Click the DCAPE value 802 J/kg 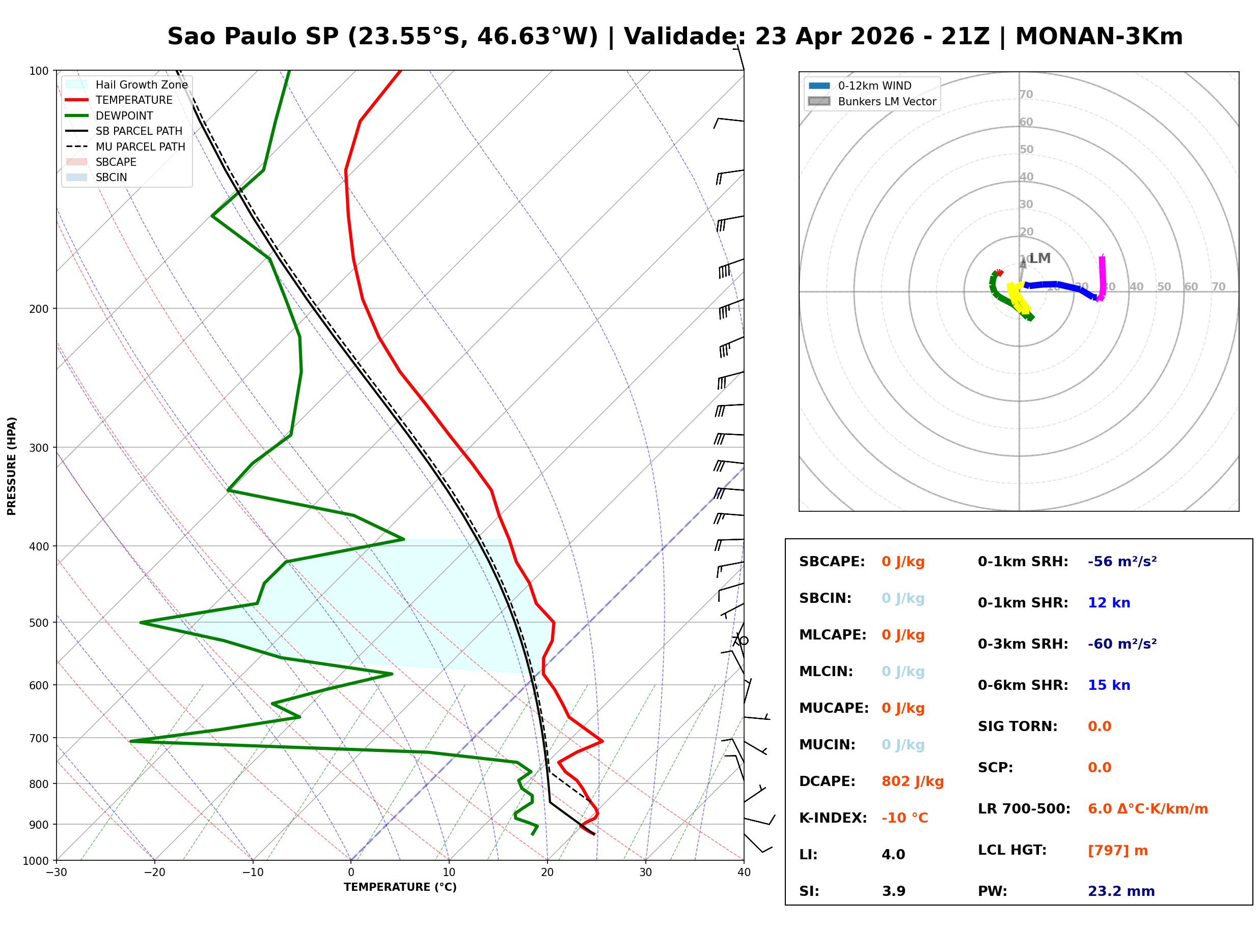(x=912, y=781)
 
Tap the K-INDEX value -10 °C (x=904, y=818)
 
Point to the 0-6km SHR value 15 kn (x=1109, y=685)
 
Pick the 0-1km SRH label (x=1023, y=562)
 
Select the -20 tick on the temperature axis (x=154, y=872)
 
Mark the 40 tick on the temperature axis (x=744, y=872)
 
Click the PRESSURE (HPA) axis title (x=12, y=466)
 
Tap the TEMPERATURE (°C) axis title (x=400, y=887)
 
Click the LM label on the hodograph (x=1039, y=258)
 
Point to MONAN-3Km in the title (x=1099, y=37)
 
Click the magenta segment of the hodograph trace (x=1102, y=276)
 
